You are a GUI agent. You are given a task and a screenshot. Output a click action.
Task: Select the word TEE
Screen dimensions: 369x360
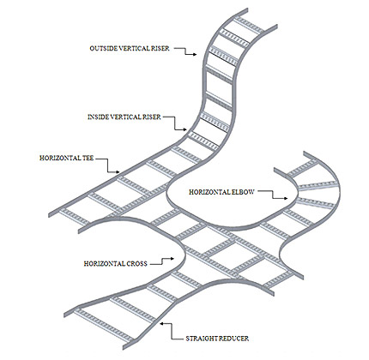click(88, 158)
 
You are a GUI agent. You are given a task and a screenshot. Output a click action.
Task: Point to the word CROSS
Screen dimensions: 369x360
click(136, 263)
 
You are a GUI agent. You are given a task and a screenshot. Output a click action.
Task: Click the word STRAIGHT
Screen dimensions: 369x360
click(201, 339)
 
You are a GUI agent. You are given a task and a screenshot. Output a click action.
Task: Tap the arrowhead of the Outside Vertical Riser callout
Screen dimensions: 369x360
click(195, 54)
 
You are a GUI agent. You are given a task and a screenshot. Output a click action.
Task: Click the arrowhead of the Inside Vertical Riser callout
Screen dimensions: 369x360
click(184, 129)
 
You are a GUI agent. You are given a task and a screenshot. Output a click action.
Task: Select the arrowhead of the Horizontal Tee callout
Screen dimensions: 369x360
click(118, 172)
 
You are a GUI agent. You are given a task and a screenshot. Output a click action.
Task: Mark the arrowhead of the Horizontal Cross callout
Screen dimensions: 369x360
click(172, 259)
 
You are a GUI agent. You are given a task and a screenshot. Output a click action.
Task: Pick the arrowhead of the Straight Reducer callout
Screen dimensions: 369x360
click(162, 324)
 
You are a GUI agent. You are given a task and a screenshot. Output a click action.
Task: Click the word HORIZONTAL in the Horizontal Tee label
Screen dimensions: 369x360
click(60, 158)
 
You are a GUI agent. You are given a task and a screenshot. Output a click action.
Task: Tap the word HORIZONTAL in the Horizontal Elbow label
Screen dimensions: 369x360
click(209, 192)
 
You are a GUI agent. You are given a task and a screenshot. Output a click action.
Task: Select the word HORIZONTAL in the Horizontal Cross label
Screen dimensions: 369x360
click(104, 263)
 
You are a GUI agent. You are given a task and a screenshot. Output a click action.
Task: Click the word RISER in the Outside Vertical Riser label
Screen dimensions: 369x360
click(160, 48)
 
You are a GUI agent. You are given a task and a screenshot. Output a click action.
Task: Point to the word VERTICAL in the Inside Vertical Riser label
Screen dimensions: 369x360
click(125, 117)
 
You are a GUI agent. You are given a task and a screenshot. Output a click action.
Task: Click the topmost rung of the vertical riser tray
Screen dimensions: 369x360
click(250, 25)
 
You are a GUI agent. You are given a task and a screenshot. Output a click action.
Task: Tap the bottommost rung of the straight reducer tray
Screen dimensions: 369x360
click(104, 326)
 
